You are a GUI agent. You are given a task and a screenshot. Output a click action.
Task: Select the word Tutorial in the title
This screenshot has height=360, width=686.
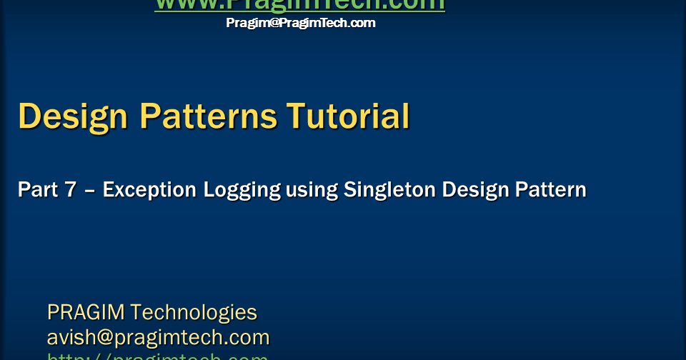click(x=348, y=116)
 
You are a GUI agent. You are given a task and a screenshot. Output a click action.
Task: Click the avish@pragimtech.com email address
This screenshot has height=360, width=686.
click(x=158, y=337)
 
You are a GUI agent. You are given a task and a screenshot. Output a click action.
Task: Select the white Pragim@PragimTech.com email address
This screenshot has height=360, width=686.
click(x=300, y=23)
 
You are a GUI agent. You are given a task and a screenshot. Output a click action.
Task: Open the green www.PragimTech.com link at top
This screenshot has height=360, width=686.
click(x=300, y=4)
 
